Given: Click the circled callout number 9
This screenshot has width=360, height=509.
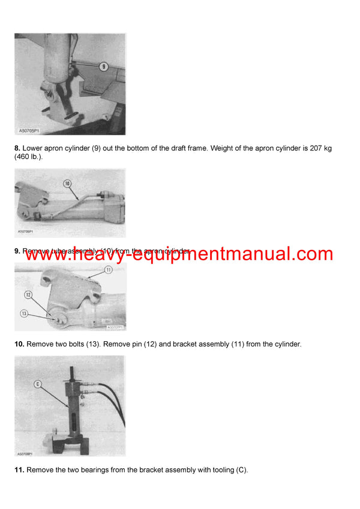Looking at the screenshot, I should (103, 67).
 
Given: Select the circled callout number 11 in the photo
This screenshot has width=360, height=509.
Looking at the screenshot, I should (108, 270).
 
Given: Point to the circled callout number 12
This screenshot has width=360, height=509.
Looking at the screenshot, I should (28, 294).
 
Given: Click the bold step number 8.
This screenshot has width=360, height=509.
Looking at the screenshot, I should (17, 148).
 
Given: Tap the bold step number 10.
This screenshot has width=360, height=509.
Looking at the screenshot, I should (19, 344).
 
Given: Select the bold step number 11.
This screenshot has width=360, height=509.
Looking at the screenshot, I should (19, 469).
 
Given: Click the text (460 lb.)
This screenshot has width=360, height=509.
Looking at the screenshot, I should (31, 158).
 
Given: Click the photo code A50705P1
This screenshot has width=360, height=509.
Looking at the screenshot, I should (28, 130).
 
